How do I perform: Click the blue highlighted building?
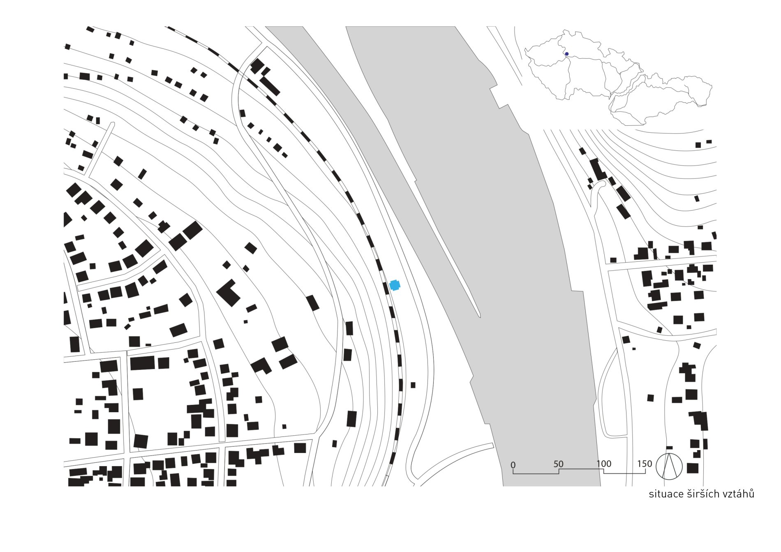[395, 285]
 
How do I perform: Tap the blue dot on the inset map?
[566, 54]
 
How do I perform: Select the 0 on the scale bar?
[513, 465]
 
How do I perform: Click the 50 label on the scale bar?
[558, 464]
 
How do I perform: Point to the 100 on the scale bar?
[604, 464]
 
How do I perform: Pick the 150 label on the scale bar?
[645, 464]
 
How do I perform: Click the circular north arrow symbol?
[669, 466]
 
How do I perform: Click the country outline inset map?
[619, 78]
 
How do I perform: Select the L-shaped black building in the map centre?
[229, 293]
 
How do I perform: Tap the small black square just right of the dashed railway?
[413, 385]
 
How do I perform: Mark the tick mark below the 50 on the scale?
[559, 471]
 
